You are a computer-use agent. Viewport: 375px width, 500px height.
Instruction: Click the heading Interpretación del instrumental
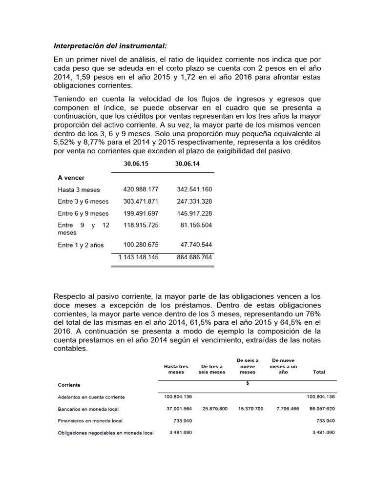[110, 46]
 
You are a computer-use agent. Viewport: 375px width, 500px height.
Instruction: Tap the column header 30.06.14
[187, 164]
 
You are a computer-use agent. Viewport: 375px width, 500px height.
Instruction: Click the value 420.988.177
[138, 189]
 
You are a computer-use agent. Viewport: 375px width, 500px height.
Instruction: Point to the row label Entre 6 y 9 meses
[83, 213]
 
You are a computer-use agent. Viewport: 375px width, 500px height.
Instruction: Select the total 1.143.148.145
[138, 256]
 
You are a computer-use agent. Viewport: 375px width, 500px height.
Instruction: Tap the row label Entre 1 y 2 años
[81, 245]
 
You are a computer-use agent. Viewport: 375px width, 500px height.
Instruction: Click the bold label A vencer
[71, 178]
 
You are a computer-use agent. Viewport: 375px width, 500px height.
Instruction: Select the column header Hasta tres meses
[176, 369]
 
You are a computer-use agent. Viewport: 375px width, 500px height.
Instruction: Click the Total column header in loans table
[318, 372]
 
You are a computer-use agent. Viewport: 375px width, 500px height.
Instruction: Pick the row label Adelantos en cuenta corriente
[91, 397]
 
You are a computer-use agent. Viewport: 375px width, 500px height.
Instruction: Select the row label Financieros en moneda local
[90, 420]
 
